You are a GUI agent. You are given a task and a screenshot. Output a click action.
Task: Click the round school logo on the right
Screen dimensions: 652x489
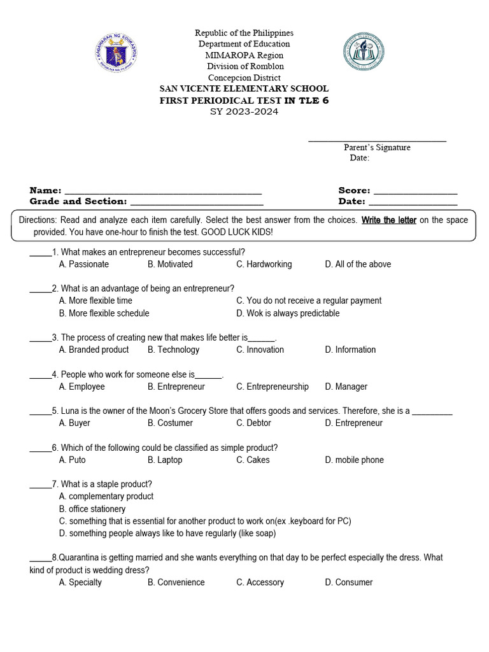(x=364, y=52)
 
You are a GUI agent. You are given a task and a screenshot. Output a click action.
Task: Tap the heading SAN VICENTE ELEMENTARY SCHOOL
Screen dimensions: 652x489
(x=244, y=89)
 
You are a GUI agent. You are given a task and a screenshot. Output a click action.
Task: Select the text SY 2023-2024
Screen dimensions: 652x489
(x=244, y=112)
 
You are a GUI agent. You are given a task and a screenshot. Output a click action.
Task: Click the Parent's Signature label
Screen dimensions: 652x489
(x=377, y=148)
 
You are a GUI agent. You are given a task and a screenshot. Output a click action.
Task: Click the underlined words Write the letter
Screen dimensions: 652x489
(x=389, y=220)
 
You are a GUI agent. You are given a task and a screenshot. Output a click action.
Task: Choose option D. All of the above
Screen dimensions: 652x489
(x=358, y=264)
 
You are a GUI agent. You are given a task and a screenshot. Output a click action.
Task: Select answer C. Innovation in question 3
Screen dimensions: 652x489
(x=260, y=350)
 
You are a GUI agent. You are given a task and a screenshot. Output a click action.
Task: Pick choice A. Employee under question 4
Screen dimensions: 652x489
(x=81, y=386)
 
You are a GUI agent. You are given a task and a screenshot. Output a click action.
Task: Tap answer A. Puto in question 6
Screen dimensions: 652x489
(x=72, y=460)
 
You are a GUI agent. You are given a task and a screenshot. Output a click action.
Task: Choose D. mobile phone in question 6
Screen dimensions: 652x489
(x=354, y=460)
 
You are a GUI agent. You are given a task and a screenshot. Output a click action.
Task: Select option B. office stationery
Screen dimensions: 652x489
(x=92, y=509)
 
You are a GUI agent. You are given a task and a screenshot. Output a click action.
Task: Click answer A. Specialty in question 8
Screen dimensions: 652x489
(x=80, y=582)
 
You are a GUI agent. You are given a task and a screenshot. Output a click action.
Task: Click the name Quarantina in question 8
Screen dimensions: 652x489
(x=81, y=558)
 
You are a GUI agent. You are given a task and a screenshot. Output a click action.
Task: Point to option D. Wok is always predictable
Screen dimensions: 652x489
(x=288, y=313)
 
